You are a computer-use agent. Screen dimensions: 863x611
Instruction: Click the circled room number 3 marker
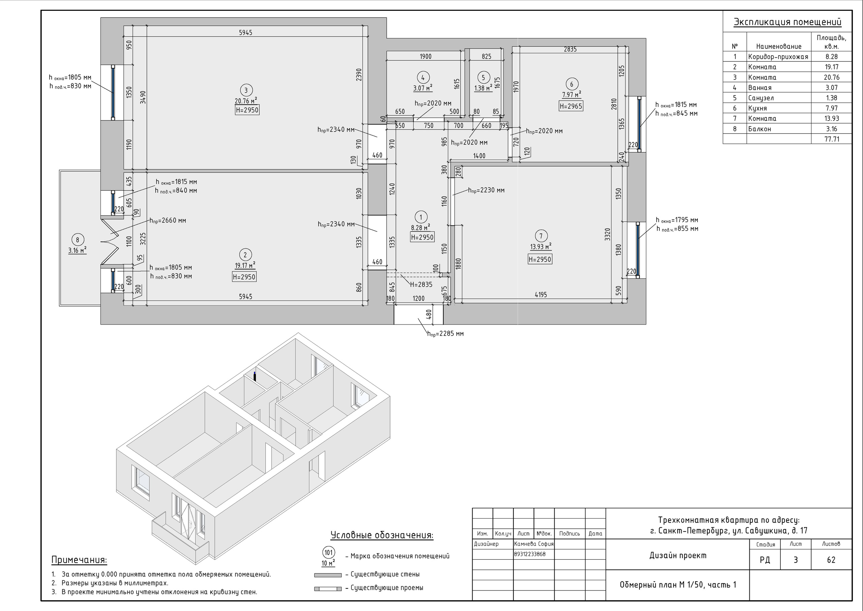point(246,90)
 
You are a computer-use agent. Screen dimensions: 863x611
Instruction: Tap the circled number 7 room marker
point(541,236)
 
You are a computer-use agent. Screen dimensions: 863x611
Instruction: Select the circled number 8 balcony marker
point(78,240)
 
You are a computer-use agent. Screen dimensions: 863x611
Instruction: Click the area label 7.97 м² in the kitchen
point(571,94)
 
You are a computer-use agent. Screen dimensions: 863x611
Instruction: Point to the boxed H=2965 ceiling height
point(571,106)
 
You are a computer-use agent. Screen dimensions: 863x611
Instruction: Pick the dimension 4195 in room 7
point(541,295)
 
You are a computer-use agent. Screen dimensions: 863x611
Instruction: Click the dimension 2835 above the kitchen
point(570,49)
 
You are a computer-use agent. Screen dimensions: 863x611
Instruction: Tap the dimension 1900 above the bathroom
point(425,56)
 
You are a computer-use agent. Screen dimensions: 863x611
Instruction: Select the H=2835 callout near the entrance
point(421,285)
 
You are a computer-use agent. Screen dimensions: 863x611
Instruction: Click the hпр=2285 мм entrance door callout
point(445,334)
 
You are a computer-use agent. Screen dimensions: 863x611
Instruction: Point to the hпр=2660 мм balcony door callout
point(168,220)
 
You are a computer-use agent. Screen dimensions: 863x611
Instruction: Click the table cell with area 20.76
point(831,78)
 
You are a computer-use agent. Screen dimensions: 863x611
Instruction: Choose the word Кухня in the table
point(757,108)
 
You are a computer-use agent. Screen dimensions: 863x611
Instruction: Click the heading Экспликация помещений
point(787,22)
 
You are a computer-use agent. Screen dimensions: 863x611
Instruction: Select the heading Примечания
point(79,560)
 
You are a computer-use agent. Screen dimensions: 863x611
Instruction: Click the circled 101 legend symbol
point(328,553)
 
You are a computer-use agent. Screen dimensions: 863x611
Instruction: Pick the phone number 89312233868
point(530,554)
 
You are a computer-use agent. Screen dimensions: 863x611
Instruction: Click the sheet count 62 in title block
point(831,560)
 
